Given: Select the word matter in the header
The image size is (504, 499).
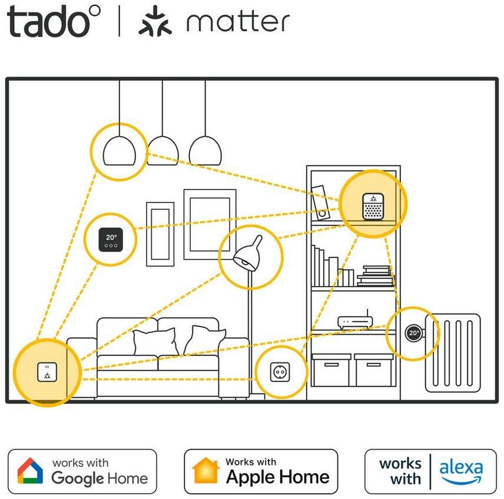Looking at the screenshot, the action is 238,23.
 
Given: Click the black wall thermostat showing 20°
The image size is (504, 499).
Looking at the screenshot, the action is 111,238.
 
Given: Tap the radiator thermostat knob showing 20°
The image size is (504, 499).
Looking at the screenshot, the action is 413,333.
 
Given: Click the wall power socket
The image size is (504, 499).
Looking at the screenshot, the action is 280,372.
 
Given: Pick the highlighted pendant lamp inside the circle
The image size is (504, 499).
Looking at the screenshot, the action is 120,151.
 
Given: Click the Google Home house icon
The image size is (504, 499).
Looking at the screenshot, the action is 30,471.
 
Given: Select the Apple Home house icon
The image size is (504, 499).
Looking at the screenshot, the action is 206,471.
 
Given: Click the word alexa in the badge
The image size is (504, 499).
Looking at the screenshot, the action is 461,470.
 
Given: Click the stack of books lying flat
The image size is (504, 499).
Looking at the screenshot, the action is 374,275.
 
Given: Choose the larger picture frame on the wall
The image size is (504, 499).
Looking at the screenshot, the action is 210,224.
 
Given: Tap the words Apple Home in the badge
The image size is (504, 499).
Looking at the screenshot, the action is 277,477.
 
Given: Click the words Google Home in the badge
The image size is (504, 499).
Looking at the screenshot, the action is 100,478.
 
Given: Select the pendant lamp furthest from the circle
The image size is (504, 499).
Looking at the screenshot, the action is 205,151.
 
